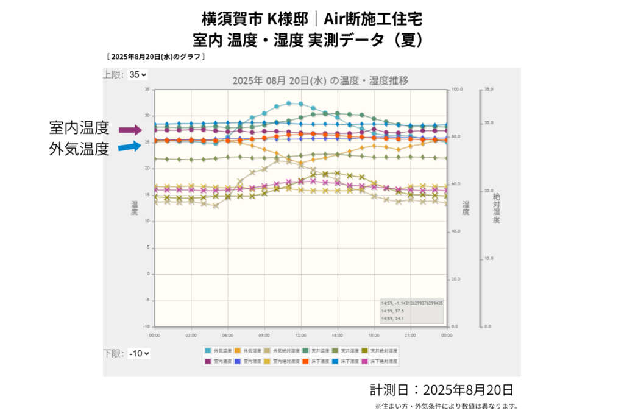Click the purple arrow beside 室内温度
pos(130,130)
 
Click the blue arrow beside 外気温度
pos(130,146)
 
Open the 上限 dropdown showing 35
pos(138,75)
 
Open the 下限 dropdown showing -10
pos(139,353)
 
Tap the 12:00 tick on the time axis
pos(300,334)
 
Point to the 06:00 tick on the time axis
pos(227,334)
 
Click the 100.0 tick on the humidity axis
pos(456,90)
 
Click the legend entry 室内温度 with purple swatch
pos(218,361)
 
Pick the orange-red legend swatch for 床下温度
pos(305,361)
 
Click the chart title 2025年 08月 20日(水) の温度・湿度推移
pos(320,80)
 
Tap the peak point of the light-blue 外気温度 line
pos(289,104)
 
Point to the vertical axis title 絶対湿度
pos(496,208)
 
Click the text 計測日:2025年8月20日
pos(441,390)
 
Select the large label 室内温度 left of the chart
pos(79,128)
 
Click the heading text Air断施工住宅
pos(372,18)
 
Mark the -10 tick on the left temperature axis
pos(146,327)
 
